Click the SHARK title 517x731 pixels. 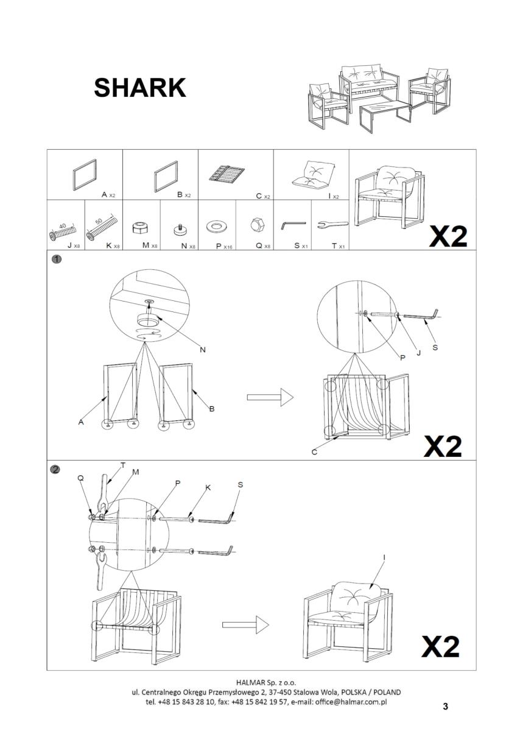(x=139, y=88)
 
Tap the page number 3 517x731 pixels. (x=445, y=707)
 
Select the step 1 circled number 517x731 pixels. (x=56, y=259)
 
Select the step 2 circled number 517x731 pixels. (x=56, y=469)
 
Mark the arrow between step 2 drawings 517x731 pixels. (x=245, y=624)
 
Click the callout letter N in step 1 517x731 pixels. (x=203, y=350)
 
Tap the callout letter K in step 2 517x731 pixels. (x=208, y=489)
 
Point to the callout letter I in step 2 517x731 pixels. (x=384, y=557)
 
